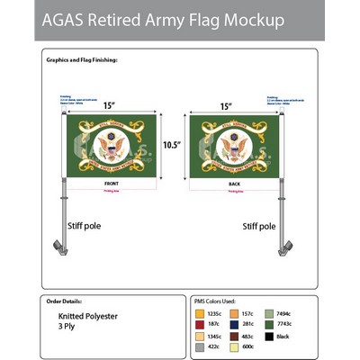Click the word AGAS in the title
point(67,19)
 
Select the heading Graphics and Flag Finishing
point(82,59)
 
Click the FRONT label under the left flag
point(105,183)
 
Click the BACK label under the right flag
point(233,183)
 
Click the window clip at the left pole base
point(54,245)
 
